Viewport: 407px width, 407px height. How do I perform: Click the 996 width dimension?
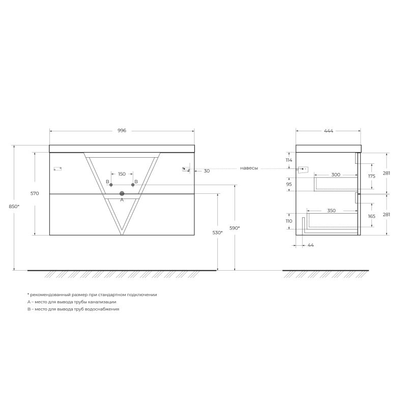tap(122, 131)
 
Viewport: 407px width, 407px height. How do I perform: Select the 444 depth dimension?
tap(328, 131)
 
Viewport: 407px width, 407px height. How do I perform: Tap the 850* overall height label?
tap(15, 206)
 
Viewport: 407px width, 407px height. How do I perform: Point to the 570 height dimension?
tap(35, 193)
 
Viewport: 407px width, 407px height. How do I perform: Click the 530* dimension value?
tap(218, 232)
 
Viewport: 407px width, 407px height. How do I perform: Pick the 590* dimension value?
tap(235, 228)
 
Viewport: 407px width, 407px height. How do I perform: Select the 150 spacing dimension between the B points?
tap(122, 174)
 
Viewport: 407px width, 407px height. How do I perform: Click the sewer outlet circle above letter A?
tap(122, 193)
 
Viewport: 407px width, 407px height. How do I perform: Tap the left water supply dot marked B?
tap(111, 185)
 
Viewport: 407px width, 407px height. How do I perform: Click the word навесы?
tap(249, 168)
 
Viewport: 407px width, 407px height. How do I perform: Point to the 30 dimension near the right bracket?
tap(206, 171)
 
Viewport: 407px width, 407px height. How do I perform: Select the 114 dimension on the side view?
tap(289, 160)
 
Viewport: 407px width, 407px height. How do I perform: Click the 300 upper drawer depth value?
tap(335, 175)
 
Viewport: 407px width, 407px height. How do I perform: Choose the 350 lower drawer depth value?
tap(331, 210)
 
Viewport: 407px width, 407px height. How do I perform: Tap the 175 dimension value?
tap(371, 176)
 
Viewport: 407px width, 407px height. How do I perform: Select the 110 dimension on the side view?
tap(289, 221)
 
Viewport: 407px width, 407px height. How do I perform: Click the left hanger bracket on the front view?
tap(57, 168)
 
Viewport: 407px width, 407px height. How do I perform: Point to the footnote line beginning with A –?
tap(72, 302)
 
